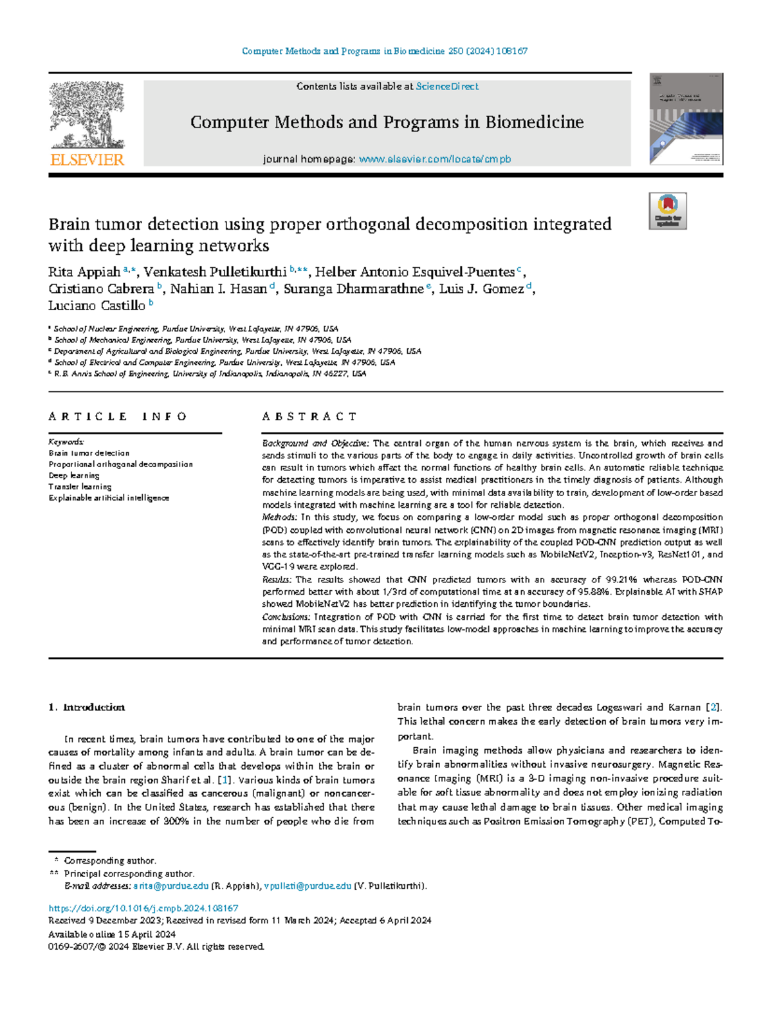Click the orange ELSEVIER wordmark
pos(87,160)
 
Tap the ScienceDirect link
pos(447,86)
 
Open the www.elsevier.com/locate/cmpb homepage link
pos(435,159)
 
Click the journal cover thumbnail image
pos(686,119)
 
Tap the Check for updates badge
pos(668,211)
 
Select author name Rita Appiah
pos(84,272)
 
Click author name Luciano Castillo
pos(96,306)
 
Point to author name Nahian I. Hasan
pos(219,289)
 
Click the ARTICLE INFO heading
pos(118,416)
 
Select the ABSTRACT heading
pos(309,416)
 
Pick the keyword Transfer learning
pos(80,487)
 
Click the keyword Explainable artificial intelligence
pos(109,497)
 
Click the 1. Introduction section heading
pos(87,707)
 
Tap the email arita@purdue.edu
pos(170,886)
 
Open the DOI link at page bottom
pos(143,908)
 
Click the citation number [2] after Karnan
pos(713,707)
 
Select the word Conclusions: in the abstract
pos(286,616)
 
